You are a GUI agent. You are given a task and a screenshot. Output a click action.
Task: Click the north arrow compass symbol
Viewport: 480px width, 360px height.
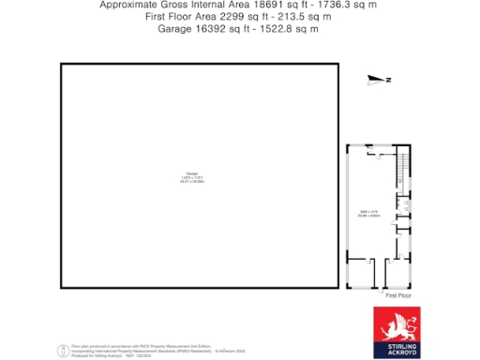pos(377,80)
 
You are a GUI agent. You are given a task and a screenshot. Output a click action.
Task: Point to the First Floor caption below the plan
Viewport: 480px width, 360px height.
pos(398,294)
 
